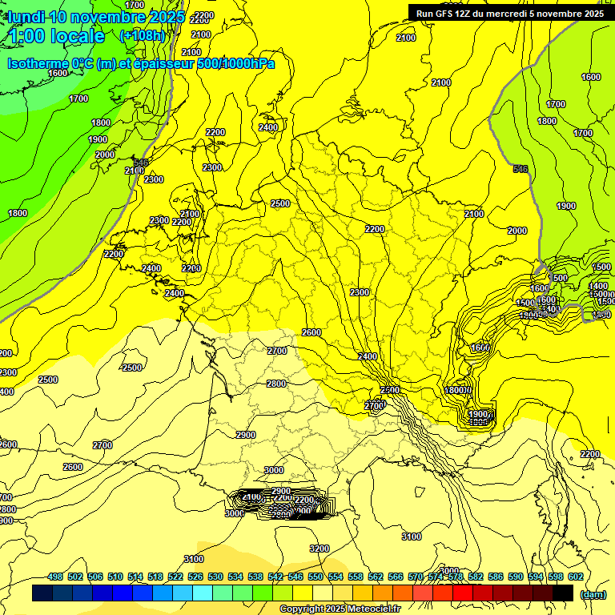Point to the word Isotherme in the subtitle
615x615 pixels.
[38, 63]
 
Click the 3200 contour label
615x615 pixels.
[319, 549]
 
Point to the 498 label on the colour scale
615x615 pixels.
[55, 577]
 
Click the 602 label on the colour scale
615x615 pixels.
[575, 577]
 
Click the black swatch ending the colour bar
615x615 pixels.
[563, 593]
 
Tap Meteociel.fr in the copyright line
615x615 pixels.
[372, 609]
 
